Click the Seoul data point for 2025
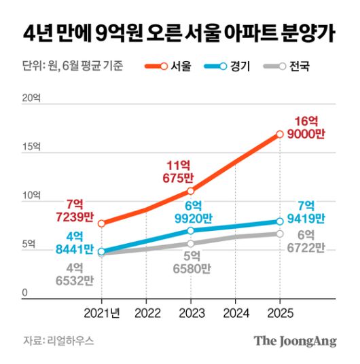[x=279, y=134]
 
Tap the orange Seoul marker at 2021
[x=102, y=223]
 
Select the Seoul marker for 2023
[x=191, y=191]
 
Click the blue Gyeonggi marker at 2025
[x=279, y=221]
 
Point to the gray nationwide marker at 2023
[x=191, y=243]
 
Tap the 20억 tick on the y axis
[x=31, y=98]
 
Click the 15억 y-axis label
[x=31, y=147]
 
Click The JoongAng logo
[x=295, y=342]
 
